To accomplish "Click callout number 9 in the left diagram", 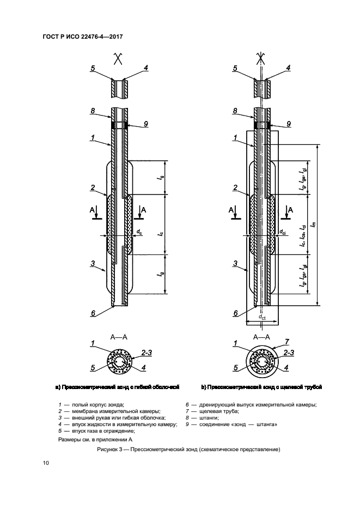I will coord(145,124).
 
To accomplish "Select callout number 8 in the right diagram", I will coord(235,110).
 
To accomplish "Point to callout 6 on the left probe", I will coord(93,313).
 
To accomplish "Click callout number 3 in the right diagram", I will coord(235,264).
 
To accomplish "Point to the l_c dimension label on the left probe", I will coord(160,234).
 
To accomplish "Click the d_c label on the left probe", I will coord(139,232).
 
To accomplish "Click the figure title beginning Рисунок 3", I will coord(180,450).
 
